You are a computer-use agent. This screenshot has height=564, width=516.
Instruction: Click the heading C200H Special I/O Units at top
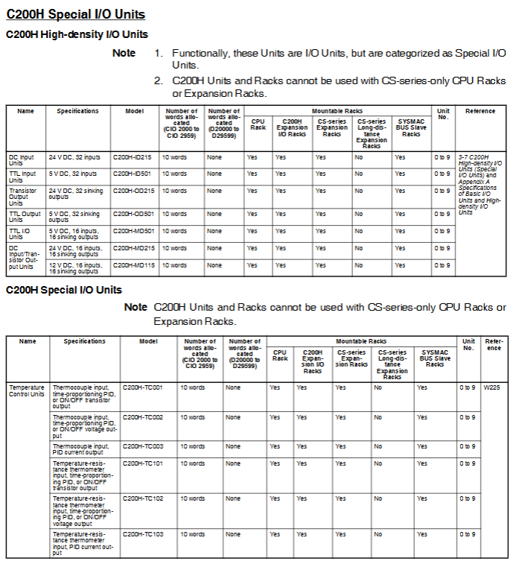(75, 14)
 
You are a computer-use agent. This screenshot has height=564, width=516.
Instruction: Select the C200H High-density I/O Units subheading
(77, 34)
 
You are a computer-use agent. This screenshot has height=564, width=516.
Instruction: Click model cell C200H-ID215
(133, 157)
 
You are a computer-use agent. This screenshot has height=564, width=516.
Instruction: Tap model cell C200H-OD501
(133, 214)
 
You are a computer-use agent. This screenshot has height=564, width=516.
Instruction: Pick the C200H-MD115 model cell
(133, 265)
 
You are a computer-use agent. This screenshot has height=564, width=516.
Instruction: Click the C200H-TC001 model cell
(143, 387)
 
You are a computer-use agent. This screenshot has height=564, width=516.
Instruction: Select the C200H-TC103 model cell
(143, 534)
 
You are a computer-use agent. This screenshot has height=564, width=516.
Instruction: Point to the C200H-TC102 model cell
(143, 498)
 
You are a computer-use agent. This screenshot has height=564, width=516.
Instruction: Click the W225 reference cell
(491, 387)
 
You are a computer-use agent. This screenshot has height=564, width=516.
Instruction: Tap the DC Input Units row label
(22, 160)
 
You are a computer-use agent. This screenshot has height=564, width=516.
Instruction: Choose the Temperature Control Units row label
(27, 390)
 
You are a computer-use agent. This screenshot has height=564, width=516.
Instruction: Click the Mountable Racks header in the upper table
(337, 110)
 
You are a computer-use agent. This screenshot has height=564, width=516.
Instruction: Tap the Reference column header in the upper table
(480, 111)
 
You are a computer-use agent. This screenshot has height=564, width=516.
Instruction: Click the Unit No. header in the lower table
(468, 344)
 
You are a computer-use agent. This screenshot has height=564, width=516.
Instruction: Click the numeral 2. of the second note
(159, 80)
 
